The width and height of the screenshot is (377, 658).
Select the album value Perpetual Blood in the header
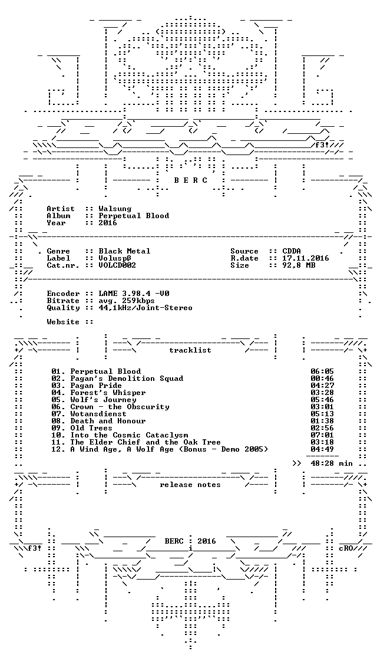134,216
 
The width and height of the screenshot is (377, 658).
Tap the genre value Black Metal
124,251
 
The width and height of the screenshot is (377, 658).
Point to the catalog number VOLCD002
117,265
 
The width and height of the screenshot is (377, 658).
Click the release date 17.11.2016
306,258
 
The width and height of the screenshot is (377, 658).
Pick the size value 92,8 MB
299,265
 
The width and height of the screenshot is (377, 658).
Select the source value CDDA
292,251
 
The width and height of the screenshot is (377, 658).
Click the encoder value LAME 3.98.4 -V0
134,294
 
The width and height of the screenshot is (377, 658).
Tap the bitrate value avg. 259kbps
127,301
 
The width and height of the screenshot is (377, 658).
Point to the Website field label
63,322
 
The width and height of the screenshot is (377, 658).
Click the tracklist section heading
190,350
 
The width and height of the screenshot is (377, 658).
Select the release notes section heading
190,485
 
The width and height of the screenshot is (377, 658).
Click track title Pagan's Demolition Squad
127,379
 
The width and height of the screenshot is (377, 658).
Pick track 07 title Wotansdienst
98,414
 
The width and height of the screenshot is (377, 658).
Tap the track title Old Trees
91,428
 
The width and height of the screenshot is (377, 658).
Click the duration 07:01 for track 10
322,435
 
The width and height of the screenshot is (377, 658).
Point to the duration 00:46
322,379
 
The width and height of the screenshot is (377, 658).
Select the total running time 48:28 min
332,463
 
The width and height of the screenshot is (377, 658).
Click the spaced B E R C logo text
190,180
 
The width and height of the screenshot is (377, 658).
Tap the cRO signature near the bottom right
346,548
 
